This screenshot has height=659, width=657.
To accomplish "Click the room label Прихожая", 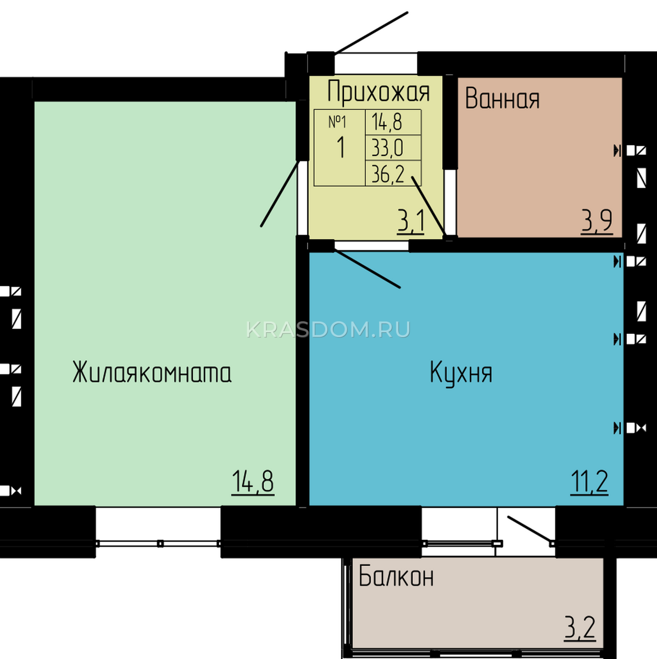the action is (x=378, y=91).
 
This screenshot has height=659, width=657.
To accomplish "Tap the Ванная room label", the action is (x=502, y=99).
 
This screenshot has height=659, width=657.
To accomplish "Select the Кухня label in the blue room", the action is (x=461, y=373).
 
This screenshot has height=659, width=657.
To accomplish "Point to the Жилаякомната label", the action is (x=152, y=372).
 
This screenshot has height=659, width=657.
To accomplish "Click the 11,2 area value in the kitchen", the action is (x=589, y=482).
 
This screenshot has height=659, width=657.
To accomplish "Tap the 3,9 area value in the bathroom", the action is (x=597, y=221).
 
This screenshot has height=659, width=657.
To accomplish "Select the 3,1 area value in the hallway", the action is (x=411, y=222).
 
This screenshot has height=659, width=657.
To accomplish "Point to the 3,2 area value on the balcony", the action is (x=580, y=637).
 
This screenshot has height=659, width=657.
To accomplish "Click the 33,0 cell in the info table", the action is (x=387, y=148).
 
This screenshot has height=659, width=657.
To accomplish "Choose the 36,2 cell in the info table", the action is (x=388, y=174).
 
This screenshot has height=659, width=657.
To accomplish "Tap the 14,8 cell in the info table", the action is (x=387, y=122).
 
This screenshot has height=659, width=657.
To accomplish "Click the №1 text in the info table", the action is (x=337, y=122).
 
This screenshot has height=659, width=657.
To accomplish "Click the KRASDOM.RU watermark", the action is (x=328, y=329).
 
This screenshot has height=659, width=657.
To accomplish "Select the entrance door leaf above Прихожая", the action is (x=371, y=33).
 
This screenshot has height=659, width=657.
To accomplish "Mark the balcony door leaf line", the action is (x=530, y=530).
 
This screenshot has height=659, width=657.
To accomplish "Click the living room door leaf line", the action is (x=280, y=193).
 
